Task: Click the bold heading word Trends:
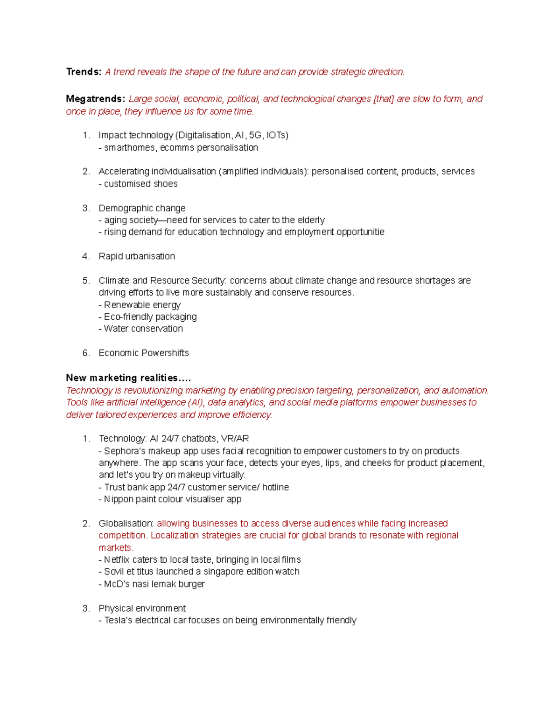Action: click(x=84, y=72)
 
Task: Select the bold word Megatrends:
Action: click(x=95, y=99)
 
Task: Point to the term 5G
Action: click(x=255, y=135)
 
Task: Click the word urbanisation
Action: click(x=150, y=256)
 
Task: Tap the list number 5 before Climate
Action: click(x=85, y=281)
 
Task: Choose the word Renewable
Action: click(x=124, y=305)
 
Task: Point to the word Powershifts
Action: click(x=166, y=353)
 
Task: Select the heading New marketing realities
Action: click(x=128, y=378)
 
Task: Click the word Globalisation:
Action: click(x=126, y=524)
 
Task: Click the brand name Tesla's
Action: click(x=119, y=621)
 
